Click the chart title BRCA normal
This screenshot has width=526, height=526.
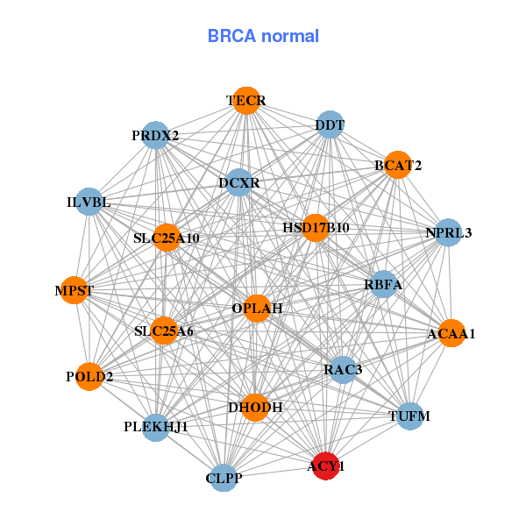(x=263, y=36)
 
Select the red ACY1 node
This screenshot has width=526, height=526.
(x=325, y=466)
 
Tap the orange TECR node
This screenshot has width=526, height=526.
(x=246, y=101)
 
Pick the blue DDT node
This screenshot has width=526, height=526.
(x=330, y=124)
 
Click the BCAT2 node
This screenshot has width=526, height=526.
(x=398, y=165)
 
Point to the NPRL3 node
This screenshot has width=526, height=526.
(x=448, y=232)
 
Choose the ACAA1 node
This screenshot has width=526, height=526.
(x=451, y=333)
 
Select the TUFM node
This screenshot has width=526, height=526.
(x=409, y=416)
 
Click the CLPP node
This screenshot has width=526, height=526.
(x=224, y=478)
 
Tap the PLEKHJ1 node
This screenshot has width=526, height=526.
(x=155, y=427)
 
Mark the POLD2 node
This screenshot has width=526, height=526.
(x=89, y=377)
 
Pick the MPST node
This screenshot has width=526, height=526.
(x=74, y=290)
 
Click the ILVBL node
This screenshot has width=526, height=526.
(x=89, y=203)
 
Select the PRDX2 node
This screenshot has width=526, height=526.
(x=155, y=136)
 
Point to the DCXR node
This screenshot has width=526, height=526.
(x=239, y=183)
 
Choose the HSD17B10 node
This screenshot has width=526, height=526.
(x=316, y=228)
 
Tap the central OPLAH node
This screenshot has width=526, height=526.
(x=257, y=309)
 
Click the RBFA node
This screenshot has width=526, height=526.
(x=383, y=284)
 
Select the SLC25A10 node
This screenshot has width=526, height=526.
(x=167, y=238)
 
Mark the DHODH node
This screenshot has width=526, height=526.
(x=255, y=407)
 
